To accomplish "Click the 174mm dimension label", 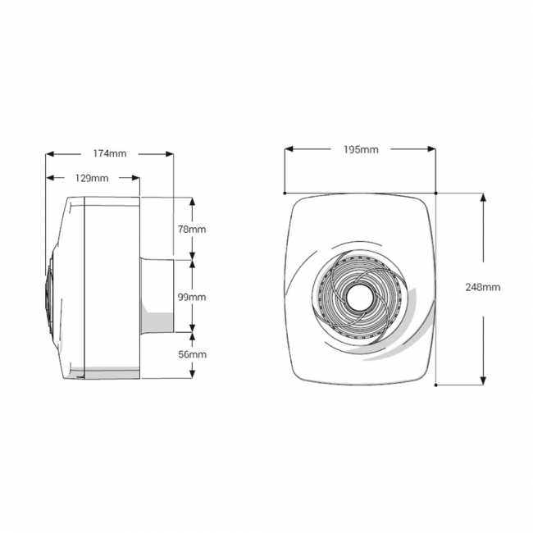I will (x=109, y=153).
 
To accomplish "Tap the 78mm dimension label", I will (x=192, y=229).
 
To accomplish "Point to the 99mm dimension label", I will (x=192, y=295).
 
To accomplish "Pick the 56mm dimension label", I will (x=192, y=354).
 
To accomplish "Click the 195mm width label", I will (x=362, y=149).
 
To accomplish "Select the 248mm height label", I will (x=482, y=288).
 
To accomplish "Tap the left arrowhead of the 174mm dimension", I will (x=49, y=153).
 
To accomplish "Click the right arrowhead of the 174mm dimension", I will (x=170, y=153).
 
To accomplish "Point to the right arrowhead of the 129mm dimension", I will (x=135, y=178).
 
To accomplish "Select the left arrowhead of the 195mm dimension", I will (x=289, y=149).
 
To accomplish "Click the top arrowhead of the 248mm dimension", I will (x=482, y=198).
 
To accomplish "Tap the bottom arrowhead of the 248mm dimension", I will (x=482, y=380).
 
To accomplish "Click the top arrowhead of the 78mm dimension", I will (x=192, y=201).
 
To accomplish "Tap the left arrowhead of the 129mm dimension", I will (x=49, y=178).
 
